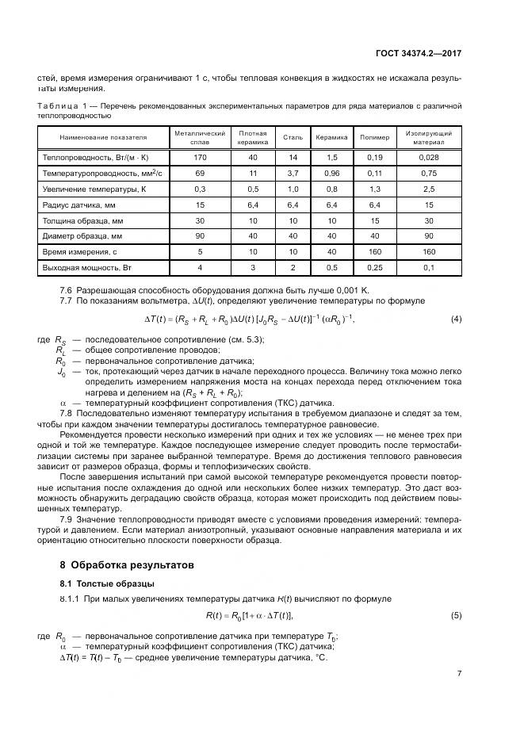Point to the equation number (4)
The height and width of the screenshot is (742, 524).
(456, 319)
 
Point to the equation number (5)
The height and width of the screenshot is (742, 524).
(456, 615)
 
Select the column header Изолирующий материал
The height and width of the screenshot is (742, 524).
(429, 137)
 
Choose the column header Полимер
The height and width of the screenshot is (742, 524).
(375, 137)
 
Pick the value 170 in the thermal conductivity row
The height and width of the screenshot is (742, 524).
(201, 158)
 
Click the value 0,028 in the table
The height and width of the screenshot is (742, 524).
(429, 158)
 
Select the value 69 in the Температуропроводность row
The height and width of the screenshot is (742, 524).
(201, 173)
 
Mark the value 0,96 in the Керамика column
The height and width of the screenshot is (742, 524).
(331, 173)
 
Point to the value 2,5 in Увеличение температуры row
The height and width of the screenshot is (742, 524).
(429, 189)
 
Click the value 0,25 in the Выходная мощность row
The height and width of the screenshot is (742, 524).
(375, 267)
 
